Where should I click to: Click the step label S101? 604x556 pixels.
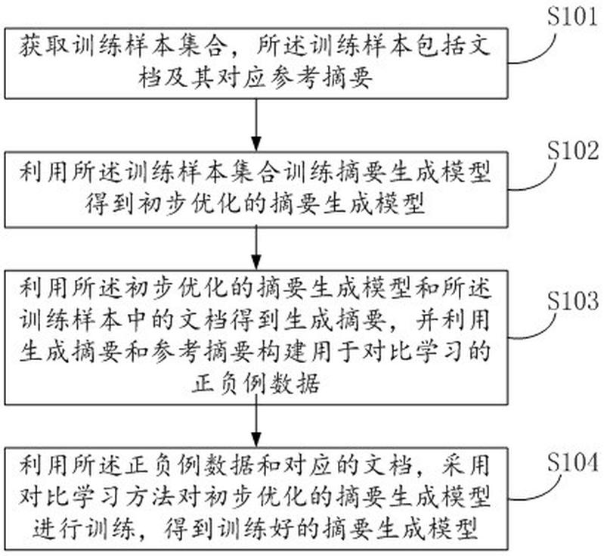[572, 17]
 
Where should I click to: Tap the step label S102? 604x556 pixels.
[573, 151]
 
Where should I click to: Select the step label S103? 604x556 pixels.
[573, 301]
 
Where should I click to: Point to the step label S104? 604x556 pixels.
[573, 461]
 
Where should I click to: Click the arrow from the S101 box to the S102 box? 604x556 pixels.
[256, 125]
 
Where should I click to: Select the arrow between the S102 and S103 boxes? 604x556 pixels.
[256, 248]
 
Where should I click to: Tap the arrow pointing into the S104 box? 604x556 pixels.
[256, 426]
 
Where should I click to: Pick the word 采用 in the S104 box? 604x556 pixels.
[466, 465]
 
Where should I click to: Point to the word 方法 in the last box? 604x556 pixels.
[150, 498]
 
